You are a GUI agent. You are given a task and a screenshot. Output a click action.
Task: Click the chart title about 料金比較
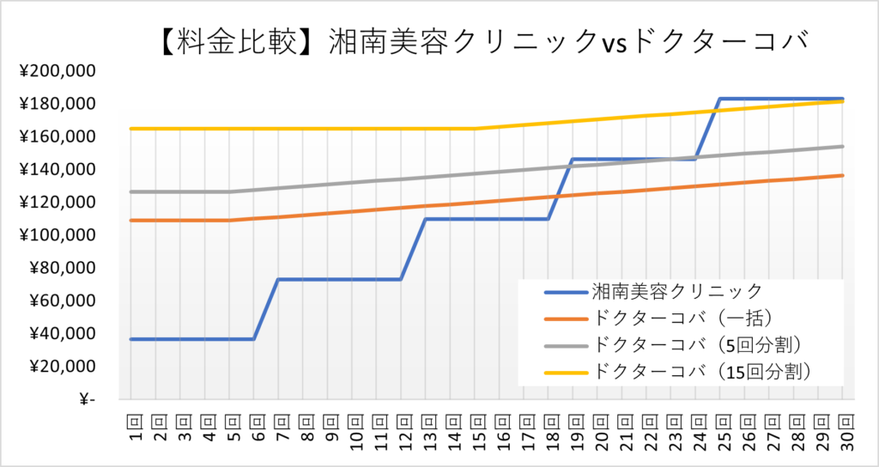coord(485,40)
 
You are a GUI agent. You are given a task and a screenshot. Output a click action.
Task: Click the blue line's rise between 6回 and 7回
coord(265,309)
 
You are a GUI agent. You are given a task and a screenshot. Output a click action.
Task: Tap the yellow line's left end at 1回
coord(130,129)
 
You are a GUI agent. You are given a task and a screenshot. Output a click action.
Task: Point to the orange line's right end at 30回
coord(843,175)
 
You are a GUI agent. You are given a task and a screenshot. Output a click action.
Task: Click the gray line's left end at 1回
coord(130,191)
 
